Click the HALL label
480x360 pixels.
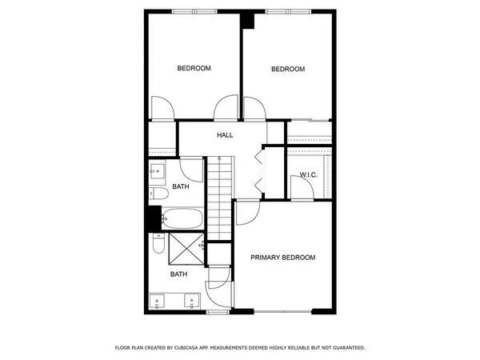225,135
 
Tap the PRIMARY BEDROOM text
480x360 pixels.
282,258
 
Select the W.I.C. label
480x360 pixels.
310,175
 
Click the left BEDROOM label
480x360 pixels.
194,69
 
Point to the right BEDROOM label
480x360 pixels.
288,70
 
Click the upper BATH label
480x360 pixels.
180,187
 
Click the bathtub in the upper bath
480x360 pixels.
183,217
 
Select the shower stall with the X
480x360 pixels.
183,250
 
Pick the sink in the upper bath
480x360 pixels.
156,171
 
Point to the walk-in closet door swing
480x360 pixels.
302,187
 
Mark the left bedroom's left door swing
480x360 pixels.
162,108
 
